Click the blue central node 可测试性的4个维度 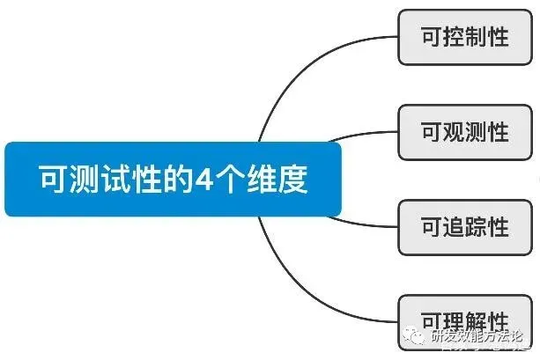coord(173,180)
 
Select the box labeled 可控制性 coord(465,38)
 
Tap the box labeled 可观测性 coord(465,133)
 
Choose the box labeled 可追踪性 coord(465,226)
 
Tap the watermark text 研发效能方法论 coord(476,337)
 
